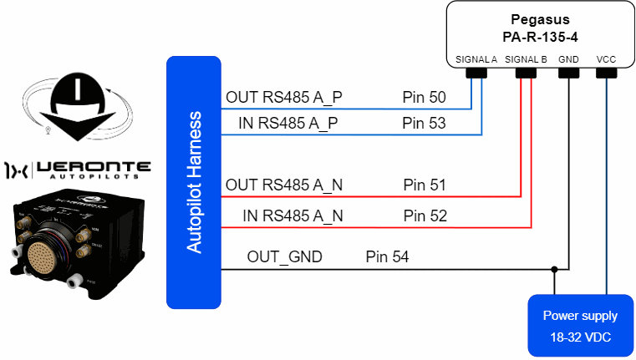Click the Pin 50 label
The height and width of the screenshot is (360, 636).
[425, 98]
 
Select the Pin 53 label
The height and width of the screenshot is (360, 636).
[425, 124]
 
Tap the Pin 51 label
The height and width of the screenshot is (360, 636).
[425, 185]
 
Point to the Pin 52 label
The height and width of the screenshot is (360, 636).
[425, 215]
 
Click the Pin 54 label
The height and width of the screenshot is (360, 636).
[387, 256]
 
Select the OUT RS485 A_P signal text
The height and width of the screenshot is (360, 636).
[283, 98]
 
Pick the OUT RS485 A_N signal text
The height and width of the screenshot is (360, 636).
[283, 185]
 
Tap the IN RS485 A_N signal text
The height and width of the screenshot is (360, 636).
[293, 215]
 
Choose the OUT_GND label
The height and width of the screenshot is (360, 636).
[284, 256]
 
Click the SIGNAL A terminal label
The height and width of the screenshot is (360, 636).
[476, 60]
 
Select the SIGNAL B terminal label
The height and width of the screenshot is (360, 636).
[526, 60]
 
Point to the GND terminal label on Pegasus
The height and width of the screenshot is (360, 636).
[568, 60]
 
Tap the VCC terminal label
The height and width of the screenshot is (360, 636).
[607, 60]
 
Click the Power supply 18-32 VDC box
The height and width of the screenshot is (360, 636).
[580, 324]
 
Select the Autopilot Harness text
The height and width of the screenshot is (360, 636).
[194, 181]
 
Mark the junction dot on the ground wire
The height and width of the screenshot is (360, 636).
[554, 269]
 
